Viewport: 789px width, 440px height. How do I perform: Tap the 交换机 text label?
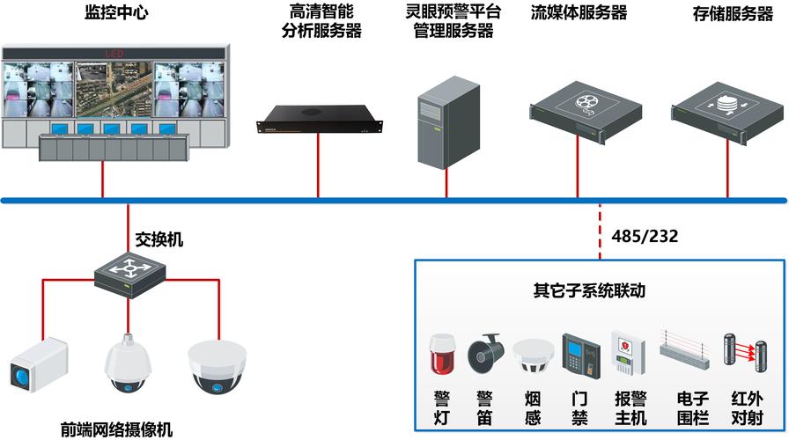coord(159,239)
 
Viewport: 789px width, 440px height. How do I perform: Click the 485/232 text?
coord(644,237)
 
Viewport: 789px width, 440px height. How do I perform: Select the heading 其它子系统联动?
coord(588,290)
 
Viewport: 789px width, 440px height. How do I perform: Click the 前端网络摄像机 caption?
coord(116,429)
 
